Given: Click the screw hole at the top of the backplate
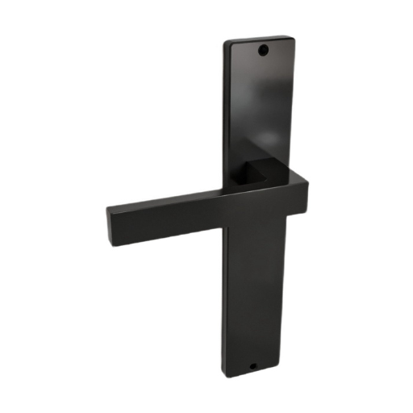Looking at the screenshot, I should point(262,50).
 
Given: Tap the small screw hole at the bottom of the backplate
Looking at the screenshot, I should point(252,365).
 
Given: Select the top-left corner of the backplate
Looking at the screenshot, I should point(226,41).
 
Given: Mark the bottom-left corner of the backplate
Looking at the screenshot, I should point(223,373).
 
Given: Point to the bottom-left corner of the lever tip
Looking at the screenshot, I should point(108,240).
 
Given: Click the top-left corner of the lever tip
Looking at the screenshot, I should point(106,206).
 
